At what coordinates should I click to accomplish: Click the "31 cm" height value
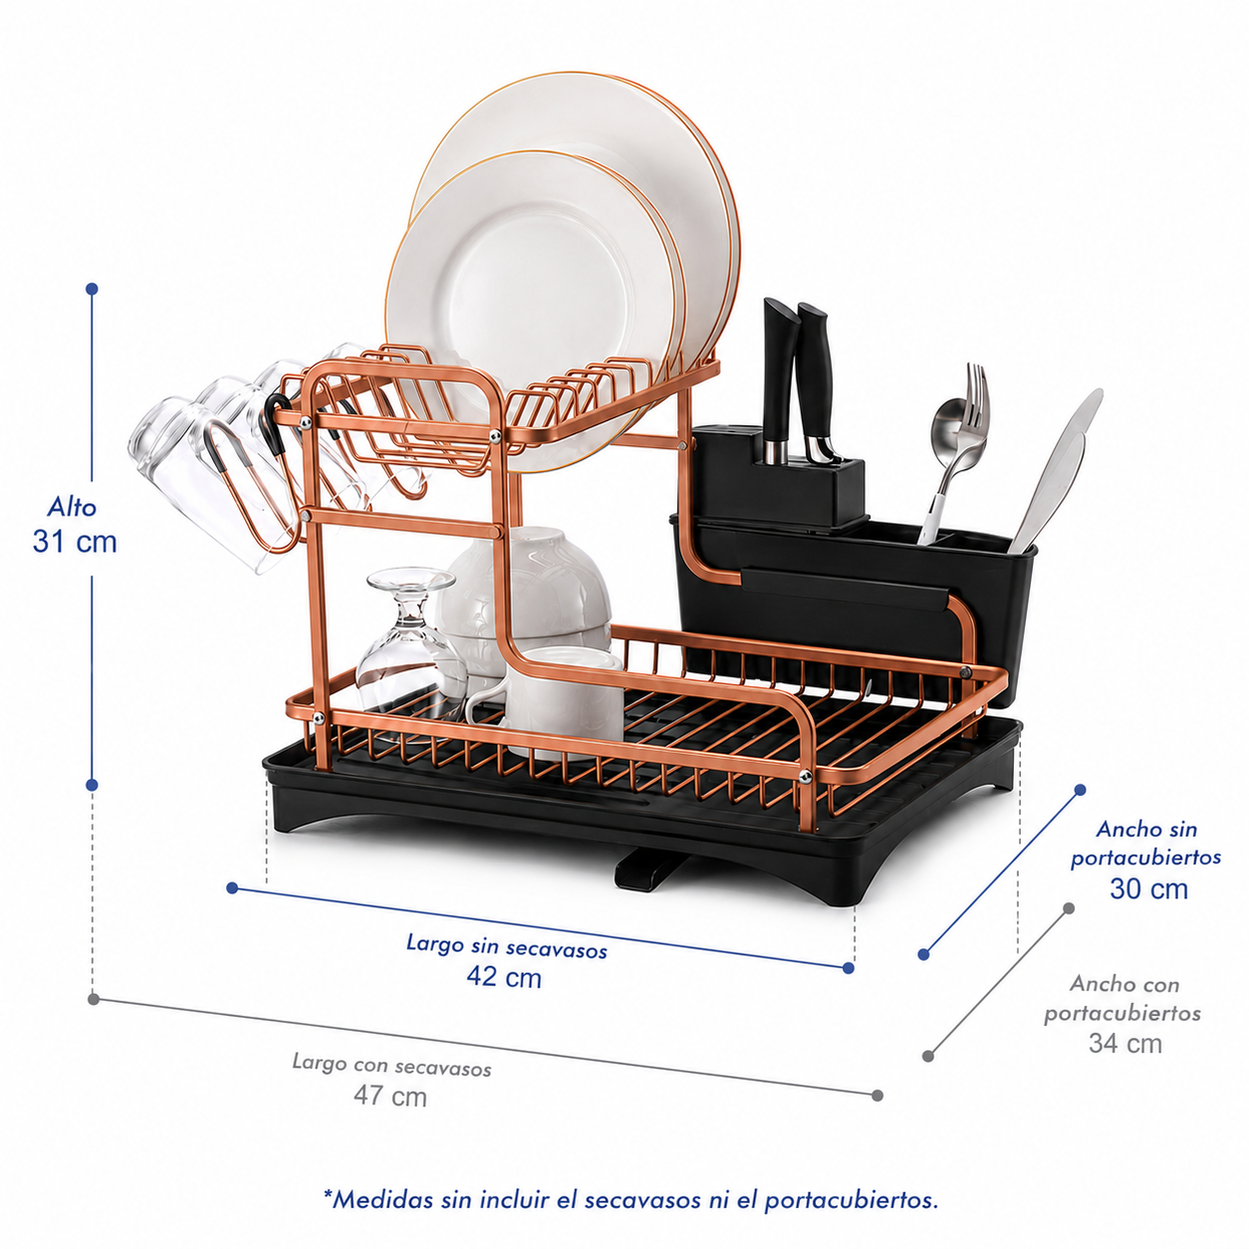pos(75,541)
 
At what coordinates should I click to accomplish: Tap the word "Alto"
pos(72,507)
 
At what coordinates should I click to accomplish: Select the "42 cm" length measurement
pos(504,976)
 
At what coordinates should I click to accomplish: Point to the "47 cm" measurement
pos(390,1096)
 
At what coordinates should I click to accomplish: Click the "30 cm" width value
pos(1148,888)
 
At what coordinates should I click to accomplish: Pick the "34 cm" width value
pos(1124,1043)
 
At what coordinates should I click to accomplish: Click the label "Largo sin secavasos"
pos(506,945)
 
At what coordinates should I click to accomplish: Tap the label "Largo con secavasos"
pos(391,1065)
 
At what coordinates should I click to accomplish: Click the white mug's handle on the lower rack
pos(485,707)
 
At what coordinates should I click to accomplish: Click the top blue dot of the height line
pos(92,289)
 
